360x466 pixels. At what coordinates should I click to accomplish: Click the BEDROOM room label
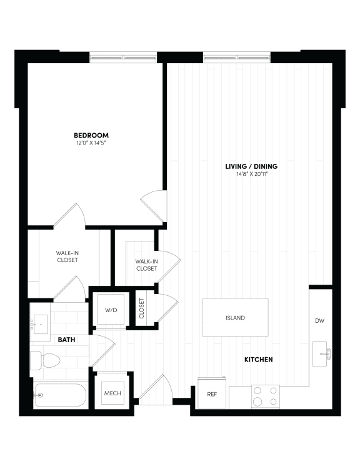(x=91, y=135)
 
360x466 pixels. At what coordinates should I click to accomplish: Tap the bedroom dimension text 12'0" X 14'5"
(x=91, y=144)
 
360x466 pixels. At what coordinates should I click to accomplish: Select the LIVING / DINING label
(x=251, y=166)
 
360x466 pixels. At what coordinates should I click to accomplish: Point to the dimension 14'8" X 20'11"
(x=251, y=175)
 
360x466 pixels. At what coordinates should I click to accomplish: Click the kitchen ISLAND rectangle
(x=235, y=318)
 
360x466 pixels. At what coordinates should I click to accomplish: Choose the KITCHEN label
(x=258, y=360)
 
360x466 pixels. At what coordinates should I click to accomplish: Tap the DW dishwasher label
(x=319, y=321)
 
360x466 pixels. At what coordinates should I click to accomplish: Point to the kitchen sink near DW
(x=322, y=354)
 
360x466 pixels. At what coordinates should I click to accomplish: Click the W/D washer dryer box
(x=111, y=309)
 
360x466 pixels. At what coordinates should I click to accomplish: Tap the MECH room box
(x=112, y=393)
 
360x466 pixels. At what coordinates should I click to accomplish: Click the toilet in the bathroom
(x=45, y=361)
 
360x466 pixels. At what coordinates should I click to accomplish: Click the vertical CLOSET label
(x=141, y=309)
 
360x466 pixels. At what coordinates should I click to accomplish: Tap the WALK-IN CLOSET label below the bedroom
(x=67, y=256)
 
